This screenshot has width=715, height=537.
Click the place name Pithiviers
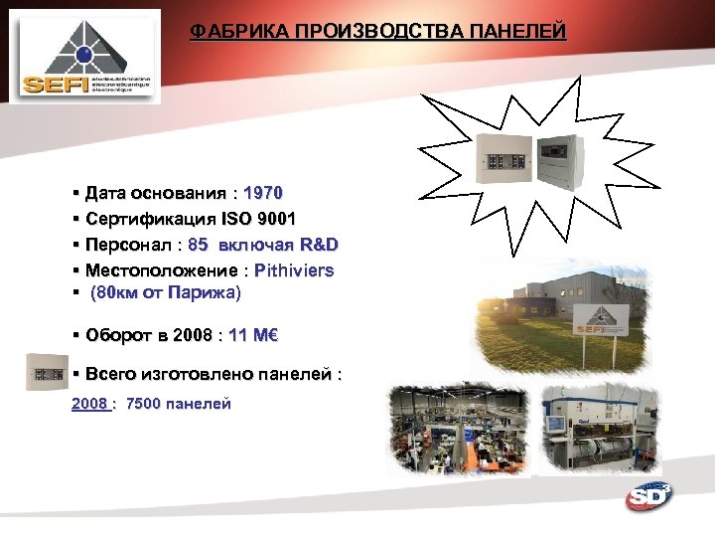pos(294,270)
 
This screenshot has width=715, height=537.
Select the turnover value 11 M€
pos(252,336)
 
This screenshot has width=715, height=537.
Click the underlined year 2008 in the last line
pos(89,404)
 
